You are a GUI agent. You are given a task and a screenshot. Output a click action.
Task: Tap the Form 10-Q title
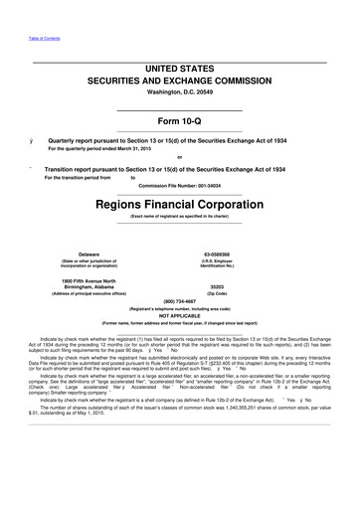tap(180, 123)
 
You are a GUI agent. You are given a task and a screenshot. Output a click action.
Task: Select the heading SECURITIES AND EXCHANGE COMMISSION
tap(180, 85)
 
